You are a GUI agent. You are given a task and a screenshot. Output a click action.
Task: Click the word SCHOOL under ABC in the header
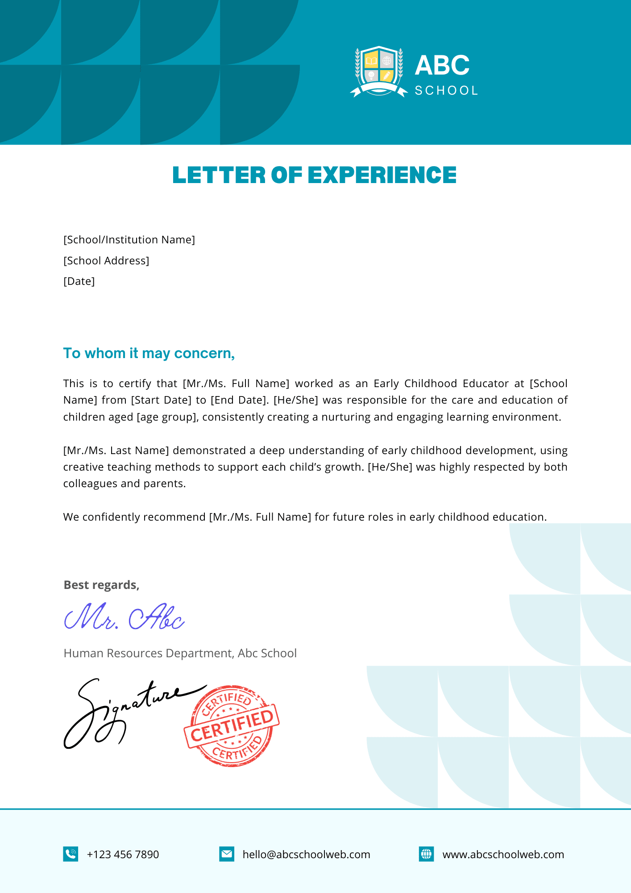click(446, 91)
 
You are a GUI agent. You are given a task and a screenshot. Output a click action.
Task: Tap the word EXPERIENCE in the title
click(382, 175)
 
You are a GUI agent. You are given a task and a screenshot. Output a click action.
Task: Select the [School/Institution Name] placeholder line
click(129, 240)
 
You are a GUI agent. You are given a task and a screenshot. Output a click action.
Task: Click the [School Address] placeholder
click(106, 261)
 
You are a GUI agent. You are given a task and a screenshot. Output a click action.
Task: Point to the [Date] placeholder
click(79, 281)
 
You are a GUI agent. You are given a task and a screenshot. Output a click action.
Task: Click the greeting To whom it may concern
click(149, 353)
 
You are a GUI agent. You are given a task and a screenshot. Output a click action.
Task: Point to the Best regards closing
click(101, 585)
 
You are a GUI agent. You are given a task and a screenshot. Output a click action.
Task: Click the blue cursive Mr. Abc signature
click(124, 617)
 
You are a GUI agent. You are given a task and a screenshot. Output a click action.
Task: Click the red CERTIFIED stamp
click(232, 726)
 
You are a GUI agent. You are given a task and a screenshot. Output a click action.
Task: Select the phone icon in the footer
click(71, 854)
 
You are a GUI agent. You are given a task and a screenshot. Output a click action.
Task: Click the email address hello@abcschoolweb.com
click(306, 855)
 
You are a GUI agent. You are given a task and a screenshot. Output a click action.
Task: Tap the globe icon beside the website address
click(426, 854)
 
